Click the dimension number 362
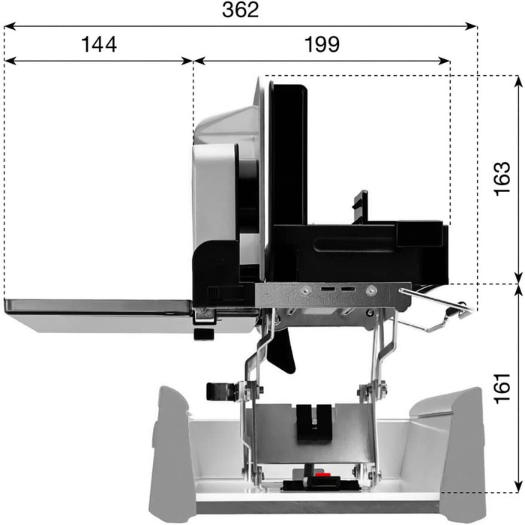tap(241, 10)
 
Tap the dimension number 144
tap(99, 44)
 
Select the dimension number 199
tap(322, 44)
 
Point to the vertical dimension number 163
tap(502, 178)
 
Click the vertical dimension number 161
tap(502, 388)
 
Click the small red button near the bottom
tap(321, 475)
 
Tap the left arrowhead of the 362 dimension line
tap(10, 26)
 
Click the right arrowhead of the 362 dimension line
tap(470, 26)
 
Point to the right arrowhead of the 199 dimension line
tap(444, 61)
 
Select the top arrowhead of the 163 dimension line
tap(518, 82)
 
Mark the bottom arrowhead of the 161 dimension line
tap(518, 486)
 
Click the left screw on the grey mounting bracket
tap(304, 291)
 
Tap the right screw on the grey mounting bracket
tap(370, 291)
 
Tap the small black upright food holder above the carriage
tap(361, 206)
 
